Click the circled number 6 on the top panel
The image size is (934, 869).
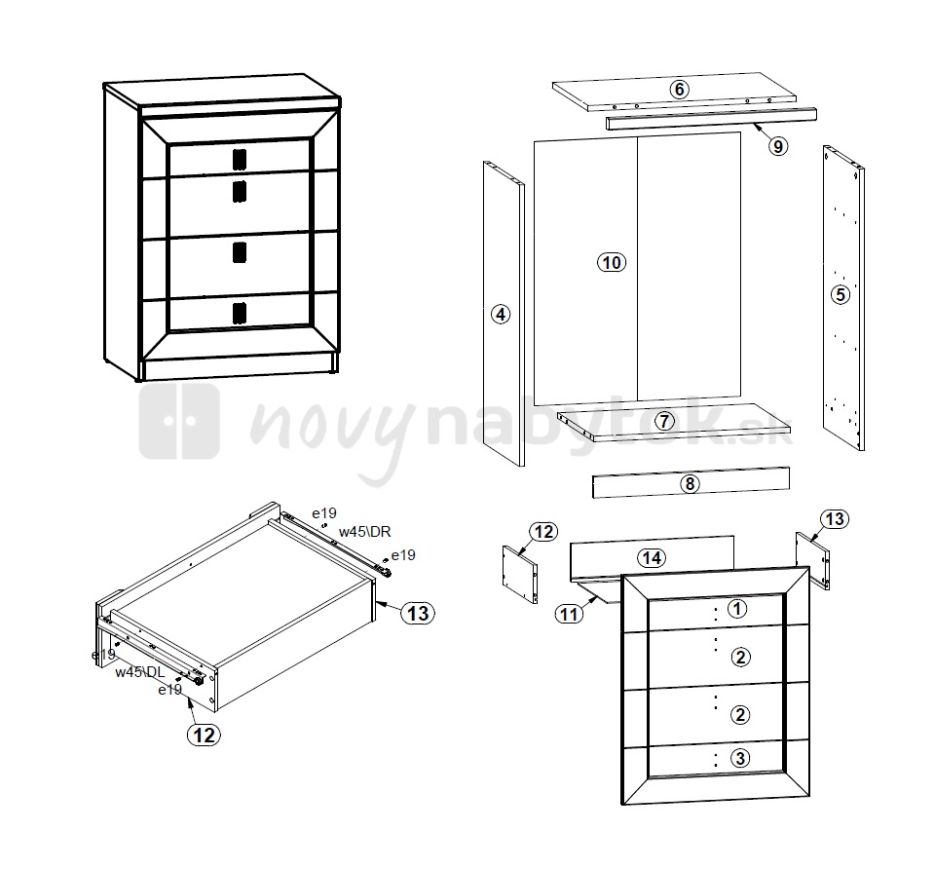679,90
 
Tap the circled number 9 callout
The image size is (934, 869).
778,146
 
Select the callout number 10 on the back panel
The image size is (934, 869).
612,262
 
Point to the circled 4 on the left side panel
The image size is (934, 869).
501,314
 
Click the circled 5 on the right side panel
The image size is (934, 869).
841,294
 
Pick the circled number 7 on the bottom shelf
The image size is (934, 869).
665,422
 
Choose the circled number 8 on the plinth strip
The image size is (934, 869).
690,483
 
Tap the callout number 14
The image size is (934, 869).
652,558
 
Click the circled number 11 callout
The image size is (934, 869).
569,614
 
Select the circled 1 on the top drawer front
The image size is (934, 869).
737,609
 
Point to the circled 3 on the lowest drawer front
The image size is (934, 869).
740,758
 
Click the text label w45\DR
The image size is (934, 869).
364,532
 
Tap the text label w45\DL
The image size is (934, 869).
139,672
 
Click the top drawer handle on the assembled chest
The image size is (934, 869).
239,159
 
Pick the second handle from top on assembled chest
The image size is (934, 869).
239,191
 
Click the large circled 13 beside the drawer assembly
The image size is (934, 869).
418,613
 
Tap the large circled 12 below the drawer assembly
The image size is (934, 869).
204,735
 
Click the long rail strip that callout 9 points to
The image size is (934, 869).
711,118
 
